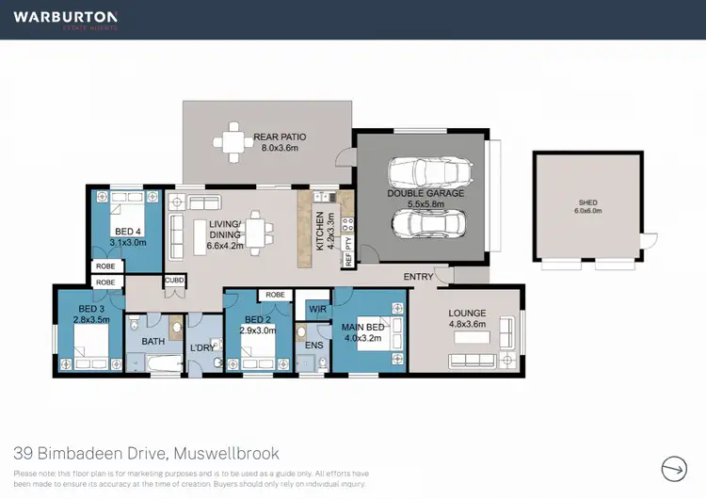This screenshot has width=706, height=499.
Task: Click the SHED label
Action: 587,202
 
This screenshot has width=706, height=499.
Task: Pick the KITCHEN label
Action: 320,229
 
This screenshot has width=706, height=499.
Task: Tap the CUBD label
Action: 174,280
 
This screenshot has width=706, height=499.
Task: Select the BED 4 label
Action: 127,231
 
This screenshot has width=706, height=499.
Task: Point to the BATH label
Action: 153,341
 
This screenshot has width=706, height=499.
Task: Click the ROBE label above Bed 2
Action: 275,295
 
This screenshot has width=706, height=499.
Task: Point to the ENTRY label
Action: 419,277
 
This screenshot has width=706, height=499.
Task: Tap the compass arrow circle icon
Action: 674,468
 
